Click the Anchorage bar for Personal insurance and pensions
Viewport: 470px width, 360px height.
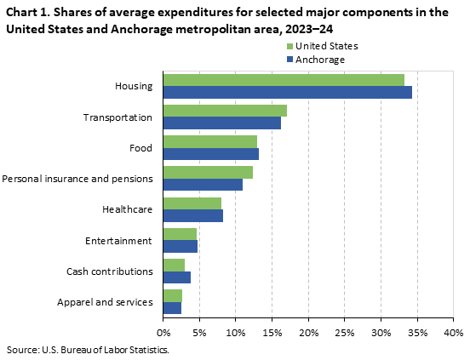pyautogui.click(x=203, y=185)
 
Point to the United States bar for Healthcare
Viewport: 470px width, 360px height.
pyautogui.click(x=192, y=203)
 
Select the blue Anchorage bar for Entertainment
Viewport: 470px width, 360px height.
pyautogui.click(x=180, y=247)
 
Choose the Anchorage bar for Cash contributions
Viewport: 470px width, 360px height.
pyautogui.click(x=176, y=277)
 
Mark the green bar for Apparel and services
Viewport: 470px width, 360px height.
pyautogui.click(x=172, y=296)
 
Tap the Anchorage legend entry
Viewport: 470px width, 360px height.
pyautogui.click(x=314, y=60)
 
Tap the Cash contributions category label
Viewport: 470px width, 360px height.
pyautogui.click(x=109, y=271)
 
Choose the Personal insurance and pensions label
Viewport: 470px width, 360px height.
pyautogui.click(x=77, y=179)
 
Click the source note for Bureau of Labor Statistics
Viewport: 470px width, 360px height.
pyautogui.click(x=89, y=349)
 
